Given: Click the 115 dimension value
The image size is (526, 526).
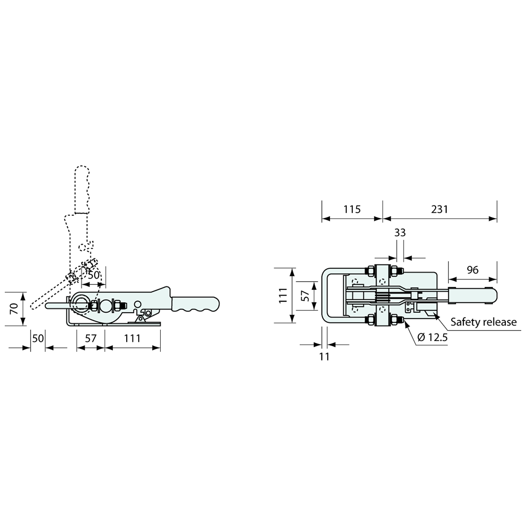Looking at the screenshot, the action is click(352, 209).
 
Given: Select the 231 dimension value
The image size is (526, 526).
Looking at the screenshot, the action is click(439, 209).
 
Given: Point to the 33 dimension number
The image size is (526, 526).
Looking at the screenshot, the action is click(400, 232).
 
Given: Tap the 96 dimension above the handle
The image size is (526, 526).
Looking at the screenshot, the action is click(472, 270).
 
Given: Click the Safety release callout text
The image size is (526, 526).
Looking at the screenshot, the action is click(483, 322).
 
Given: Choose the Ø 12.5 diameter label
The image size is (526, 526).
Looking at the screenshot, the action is click(433, 337).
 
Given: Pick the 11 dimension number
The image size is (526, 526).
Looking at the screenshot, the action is click(324, 357).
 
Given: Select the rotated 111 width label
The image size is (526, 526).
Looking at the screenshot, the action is click(284, 296).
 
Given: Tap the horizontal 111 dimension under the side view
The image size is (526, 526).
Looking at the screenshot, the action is click(132, 338).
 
